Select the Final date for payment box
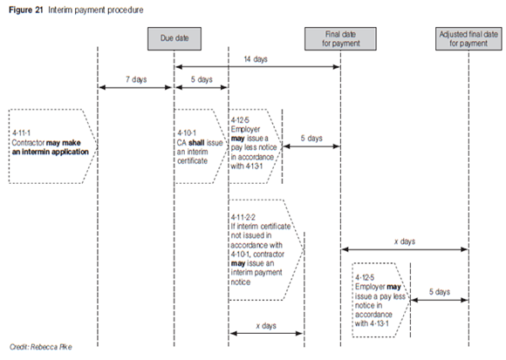coord(340,38)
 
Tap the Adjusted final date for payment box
coord(468,38)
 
